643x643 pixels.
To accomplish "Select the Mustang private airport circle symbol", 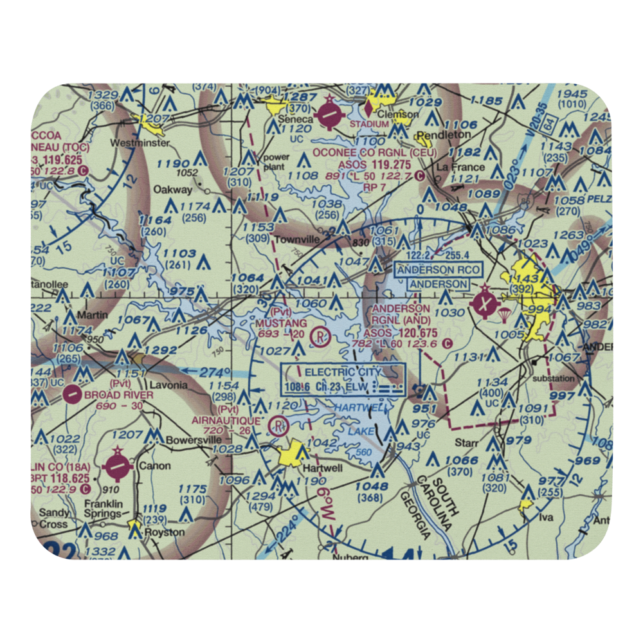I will tap(320, 336).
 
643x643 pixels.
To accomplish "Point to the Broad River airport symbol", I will tap(73, 394).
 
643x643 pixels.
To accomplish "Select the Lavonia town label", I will tap(169, 385).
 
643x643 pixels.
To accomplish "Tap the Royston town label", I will tap(165, 532).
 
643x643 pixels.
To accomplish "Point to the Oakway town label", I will tap(172, 190).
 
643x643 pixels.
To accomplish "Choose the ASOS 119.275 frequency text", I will tap(372, 164).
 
